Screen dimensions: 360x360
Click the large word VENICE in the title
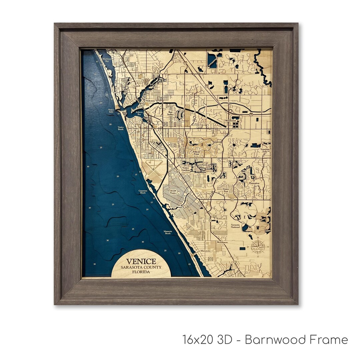pyautogui.click(x=141, y=262)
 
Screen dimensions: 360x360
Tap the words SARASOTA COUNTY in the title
pyautogui.click(x=141, y=267)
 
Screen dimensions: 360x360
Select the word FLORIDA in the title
pyautogui.click(x=141, y=272)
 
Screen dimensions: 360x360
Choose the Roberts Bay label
pyautogui.click(x=139, y=113)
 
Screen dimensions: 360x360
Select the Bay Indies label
pyautogui.click(x=170, y=114)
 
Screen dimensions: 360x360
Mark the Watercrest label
pyautogui.click(x=230, y=120)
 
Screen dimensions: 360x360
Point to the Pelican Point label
pyautogui.click(x=196, y=153)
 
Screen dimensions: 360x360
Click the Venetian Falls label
pyautogui.click(x=266, y=150)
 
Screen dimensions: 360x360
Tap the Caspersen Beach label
pyautogui.click(x=142, y=192)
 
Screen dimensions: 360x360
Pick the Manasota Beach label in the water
pyautogui.click(x=167, y=232)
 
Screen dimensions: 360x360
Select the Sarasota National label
pyautogui.click(x=235, y=226)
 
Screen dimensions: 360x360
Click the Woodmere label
pyautogui.click(x=222, y=242)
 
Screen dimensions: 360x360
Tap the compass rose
pyautogui.click(x=258, y=247)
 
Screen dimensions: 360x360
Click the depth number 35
pyautogui.click(x=95, y=264)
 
